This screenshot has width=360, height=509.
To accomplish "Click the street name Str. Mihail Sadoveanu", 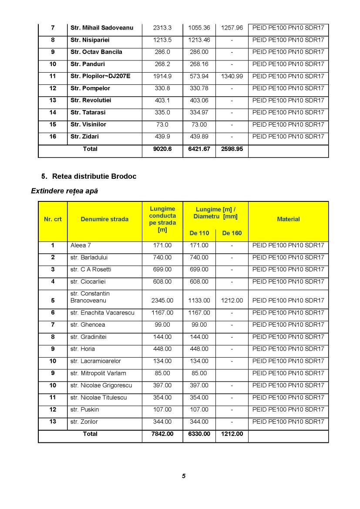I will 101,28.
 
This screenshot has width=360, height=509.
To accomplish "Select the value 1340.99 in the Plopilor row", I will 232,76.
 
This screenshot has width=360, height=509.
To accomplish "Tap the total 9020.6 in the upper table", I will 162,149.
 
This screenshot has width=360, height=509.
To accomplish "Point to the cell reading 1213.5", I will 162,40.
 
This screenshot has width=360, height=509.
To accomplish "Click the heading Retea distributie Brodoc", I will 94,176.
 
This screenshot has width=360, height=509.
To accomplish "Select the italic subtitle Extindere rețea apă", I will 64,191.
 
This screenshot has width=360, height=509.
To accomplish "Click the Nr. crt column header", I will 53,219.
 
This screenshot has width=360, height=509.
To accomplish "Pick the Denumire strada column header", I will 104,219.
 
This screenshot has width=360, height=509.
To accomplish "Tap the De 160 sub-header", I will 232,233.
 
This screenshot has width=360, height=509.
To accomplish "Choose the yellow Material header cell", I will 288,219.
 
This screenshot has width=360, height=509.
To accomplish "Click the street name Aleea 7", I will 81,245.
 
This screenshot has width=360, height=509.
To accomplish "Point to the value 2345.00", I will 162,300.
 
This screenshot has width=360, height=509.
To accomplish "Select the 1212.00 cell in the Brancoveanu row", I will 232,300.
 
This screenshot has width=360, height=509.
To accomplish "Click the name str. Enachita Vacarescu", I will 102,312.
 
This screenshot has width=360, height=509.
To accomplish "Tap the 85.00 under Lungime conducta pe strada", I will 162,373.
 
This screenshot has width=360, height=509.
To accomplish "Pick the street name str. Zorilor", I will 84,422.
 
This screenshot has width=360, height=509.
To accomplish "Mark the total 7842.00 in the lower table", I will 162,434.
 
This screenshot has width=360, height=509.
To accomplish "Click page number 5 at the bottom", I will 184,476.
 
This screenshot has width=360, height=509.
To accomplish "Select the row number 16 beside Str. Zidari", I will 53,137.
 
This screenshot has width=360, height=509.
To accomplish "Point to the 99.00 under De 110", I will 199,325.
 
